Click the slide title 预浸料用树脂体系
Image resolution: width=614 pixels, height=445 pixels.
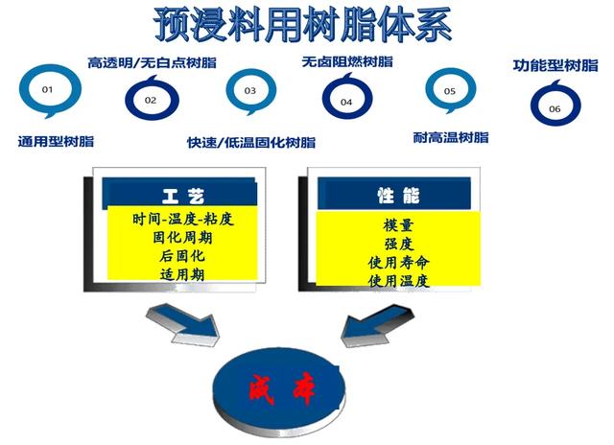click(x=302, y=24)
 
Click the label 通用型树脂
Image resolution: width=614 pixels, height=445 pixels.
click(x=56, y=141)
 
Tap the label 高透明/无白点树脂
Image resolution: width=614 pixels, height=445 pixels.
click(x=152, y=62)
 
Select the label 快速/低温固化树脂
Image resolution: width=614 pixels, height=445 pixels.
click(x=251, y=143)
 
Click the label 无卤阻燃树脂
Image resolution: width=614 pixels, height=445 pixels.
click(x=347, y=61)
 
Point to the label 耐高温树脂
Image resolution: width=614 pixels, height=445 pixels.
click(x=451, y=138)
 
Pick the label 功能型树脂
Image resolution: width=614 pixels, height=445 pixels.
click(x=555, y=65)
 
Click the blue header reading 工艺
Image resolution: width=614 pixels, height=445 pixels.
click(x=179, y=194)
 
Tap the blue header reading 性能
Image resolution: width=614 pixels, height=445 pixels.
click(x=394, y=194)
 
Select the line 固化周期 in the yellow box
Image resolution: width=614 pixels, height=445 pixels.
click(x=182, y=238)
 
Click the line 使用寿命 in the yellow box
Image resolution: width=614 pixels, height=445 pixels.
click(x=398, y=262)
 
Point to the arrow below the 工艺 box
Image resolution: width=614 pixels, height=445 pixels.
click(x=183, y=324)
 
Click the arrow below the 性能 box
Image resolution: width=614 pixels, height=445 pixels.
click(x=377, y=325)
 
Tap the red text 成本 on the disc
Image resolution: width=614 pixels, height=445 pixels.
click(x=282, y=389)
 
